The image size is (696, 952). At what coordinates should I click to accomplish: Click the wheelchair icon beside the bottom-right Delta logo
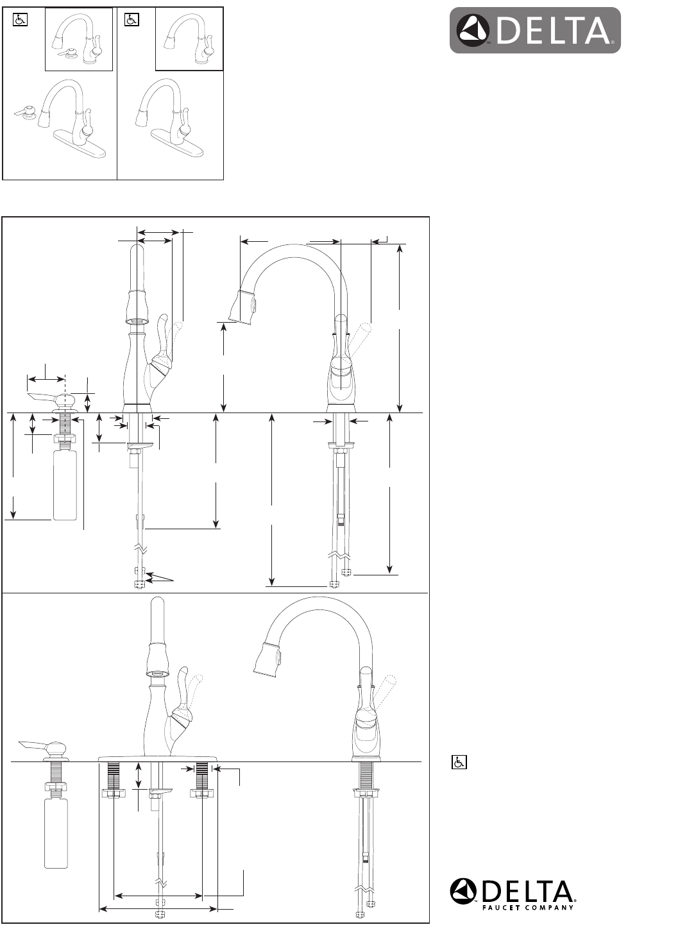click(x=459, y=762)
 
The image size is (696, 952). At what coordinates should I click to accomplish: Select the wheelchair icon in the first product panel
click(x=19, y=20)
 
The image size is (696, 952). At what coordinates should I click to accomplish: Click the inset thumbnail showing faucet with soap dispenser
click(x=78, y=39)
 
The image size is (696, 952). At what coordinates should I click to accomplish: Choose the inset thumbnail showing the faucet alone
click(x=189, y=39)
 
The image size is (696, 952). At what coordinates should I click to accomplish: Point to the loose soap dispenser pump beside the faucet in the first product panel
click(x=24, y=111)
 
